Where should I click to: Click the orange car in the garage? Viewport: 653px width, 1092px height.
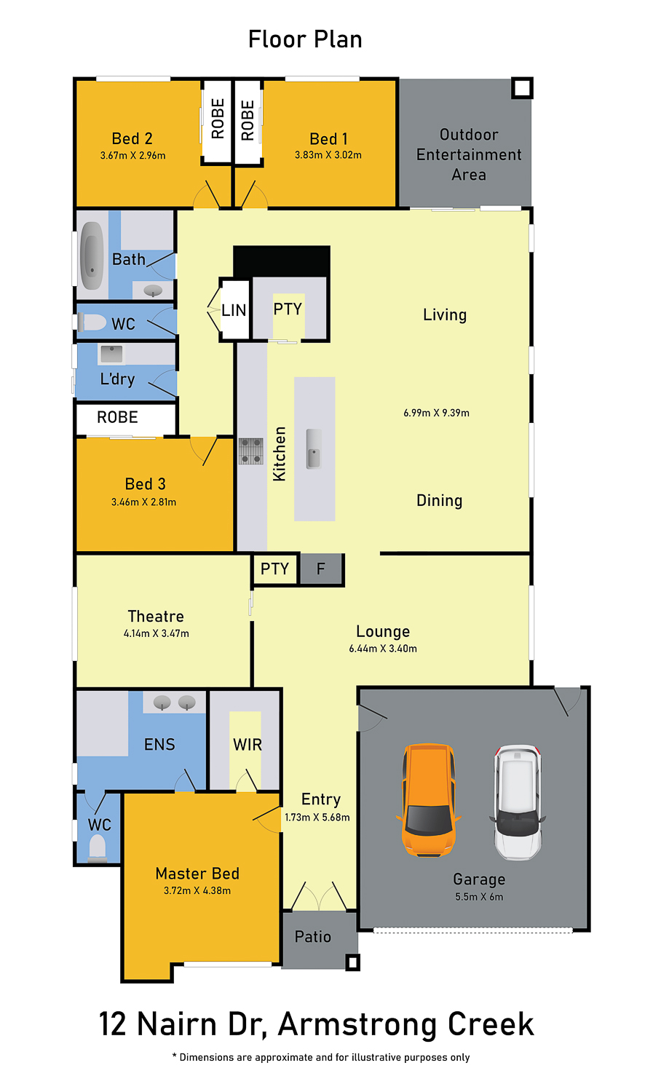point(428,800)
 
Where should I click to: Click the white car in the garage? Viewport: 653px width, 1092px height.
point(518,802)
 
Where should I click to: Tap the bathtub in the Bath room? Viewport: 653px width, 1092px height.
point(92,256)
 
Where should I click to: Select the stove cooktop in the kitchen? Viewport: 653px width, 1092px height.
point(251,451)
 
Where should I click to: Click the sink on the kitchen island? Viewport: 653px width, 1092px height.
point(313,448)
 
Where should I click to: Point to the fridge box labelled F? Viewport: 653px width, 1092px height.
point(321,569)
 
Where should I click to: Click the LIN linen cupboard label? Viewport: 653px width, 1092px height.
point(234,310)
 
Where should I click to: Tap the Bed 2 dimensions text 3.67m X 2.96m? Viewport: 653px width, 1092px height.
point(132,156)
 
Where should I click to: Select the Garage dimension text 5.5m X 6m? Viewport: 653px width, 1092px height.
point(479,896)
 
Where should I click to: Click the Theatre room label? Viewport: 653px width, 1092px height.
point(156,616)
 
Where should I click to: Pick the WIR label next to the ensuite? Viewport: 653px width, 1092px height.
point(248,745)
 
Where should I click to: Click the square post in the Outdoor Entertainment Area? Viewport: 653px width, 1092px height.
point(522,88)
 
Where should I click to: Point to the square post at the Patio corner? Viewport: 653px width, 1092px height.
point(353,962)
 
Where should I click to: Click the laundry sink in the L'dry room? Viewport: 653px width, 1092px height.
point(111,354)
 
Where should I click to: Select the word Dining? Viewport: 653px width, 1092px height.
point(439,501)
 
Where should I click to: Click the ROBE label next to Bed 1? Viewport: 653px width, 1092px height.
point(248,120)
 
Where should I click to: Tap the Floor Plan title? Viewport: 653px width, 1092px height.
point(305,39)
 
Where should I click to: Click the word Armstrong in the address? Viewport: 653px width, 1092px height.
point(357,1024)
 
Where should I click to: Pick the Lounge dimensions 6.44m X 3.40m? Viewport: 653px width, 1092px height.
point(383,649)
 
